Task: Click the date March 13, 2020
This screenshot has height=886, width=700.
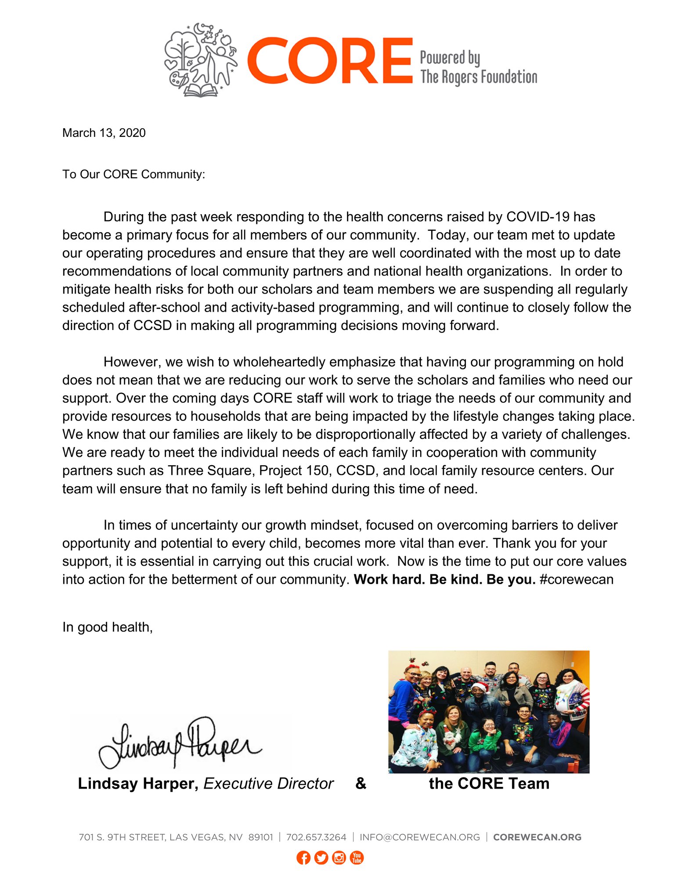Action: click(x=104, y=133)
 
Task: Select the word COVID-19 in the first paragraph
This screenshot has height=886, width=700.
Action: click(x=538, y=217)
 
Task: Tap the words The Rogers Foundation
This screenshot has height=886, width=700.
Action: click(x=478, y=77)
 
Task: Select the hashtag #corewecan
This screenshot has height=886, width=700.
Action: click(x=576, y=579)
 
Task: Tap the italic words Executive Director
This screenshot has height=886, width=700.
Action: click(x=268, y=784)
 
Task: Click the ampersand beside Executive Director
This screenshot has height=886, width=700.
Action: click(x=361, y=783)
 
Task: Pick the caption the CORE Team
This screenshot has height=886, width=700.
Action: click(x=489, y=784)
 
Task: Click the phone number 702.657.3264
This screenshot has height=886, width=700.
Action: click(x=316, y=837)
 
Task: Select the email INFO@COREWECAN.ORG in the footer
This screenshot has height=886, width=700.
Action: click(x=420, y=837)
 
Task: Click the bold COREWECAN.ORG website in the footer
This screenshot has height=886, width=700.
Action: click(x=537, y=837)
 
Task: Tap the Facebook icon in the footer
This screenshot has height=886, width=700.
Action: click(x=303, y=857)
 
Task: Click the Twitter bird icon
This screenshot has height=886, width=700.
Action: click(x=321, y=857)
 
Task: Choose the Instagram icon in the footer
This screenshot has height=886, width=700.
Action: click(x=339, y=857)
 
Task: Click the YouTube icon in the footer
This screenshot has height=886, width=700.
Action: click(x=357, y=857)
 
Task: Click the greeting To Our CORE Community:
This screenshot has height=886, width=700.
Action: click(x=134, y=175)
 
